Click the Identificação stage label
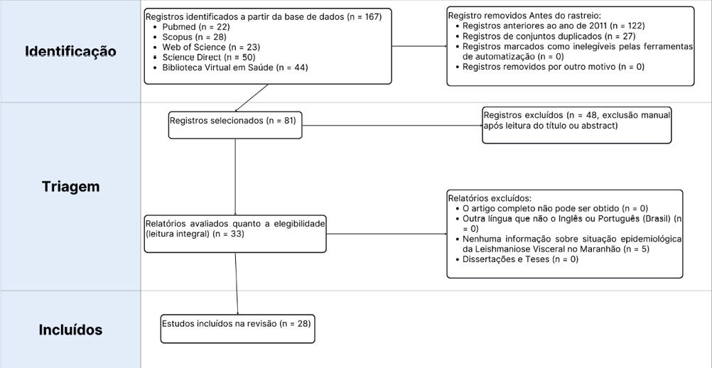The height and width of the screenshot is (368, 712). click(70, 52)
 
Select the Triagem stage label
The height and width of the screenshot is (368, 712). click(70, 187)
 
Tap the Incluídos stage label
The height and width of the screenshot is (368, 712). click(70, 330)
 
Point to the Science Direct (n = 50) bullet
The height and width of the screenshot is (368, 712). click(208, 57)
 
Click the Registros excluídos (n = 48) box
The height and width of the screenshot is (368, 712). click(576, 125)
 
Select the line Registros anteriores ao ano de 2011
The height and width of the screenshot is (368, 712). click(553, 26)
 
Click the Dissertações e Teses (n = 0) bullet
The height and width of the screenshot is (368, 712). click(520, 259)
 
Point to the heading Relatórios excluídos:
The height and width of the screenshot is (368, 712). click(490, 198)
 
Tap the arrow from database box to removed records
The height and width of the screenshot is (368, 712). click(419, 47)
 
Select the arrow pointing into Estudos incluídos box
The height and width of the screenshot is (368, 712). click(237, 284)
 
